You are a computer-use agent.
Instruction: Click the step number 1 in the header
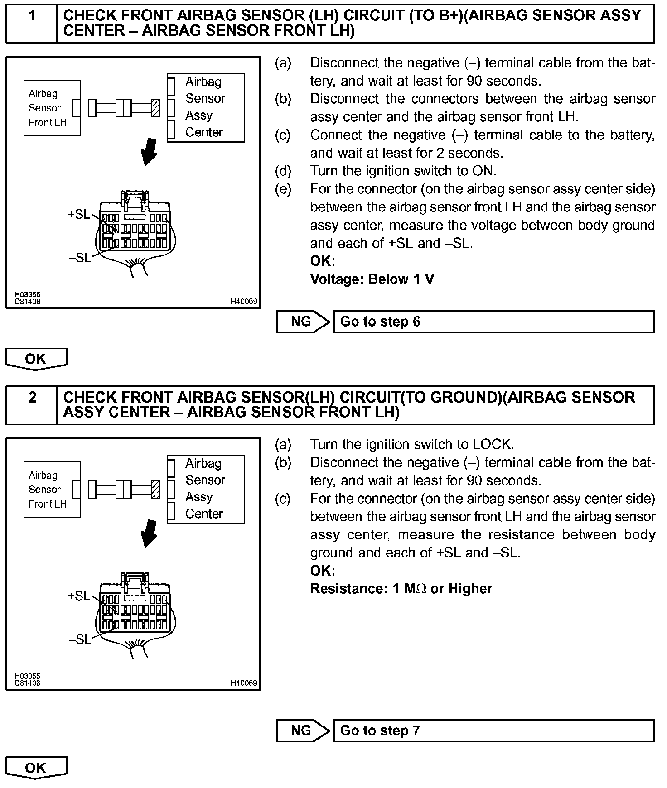click(32, 16)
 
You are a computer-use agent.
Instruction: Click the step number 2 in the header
click(32, 398)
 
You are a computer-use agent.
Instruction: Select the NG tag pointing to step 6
click(302, 322)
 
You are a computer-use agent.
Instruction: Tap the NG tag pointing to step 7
click(302, 730)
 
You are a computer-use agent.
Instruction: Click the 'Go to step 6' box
click(493, 322)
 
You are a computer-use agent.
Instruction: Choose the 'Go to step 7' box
click(493, 730)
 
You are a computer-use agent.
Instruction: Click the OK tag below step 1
click(36, 359)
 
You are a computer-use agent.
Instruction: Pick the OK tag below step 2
click(36, 768)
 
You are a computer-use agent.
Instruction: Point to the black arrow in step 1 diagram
click(150, 152)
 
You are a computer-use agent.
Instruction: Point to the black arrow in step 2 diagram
click(150, 533)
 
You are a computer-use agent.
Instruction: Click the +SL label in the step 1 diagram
click(79, 214)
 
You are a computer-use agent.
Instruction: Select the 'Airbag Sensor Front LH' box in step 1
click(52, 108)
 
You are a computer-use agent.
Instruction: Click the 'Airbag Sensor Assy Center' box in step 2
click(206, 489)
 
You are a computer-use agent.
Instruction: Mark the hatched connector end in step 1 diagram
click(156, 108)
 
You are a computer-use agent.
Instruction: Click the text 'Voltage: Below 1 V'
click(372, 279)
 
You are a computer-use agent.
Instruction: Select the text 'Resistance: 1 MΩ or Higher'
click(401, 589)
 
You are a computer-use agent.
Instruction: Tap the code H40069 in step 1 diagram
click(244, 301)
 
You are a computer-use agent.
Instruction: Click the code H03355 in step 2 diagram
click(27, 676)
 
